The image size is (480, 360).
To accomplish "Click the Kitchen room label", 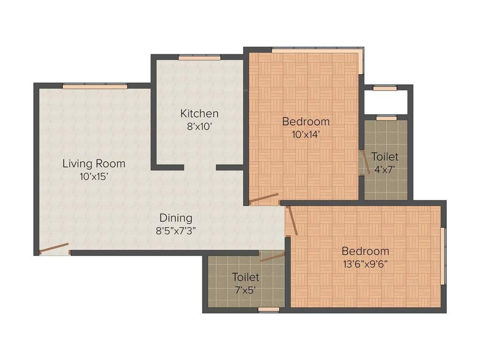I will click(x=199, y=113).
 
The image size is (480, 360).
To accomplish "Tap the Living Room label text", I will click(x=94, y=164).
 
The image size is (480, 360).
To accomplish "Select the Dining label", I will click(x=176, y=218).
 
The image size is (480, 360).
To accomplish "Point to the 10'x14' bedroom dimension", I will click(x=306, y=134).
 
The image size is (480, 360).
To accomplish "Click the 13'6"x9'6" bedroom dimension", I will click(x=365, y=263).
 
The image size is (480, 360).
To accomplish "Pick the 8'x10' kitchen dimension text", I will click(x=199, y=127).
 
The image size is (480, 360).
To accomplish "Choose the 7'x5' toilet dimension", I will click(x=246, y=290).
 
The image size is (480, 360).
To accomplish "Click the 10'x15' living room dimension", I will click(x=94, y=177).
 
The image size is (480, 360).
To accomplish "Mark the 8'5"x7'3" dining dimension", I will click(x=176, y=231).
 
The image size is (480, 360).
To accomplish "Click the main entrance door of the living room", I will click(x=54, y=248).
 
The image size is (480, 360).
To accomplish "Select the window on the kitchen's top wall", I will click(x=199, y=58).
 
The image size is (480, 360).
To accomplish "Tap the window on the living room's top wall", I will click(x=95, y=86).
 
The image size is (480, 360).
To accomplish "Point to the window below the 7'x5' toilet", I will click(x=269, y=310).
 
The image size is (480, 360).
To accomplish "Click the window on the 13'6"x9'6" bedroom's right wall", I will click(x=443, y=255).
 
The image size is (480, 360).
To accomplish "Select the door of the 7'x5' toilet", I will click(x=272, y=256).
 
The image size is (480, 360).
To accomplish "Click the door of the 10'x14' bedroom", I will click(x=263, y=199).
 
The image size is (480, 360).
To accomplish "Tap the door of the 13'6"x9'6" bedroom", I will click(x=292, y=220).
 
